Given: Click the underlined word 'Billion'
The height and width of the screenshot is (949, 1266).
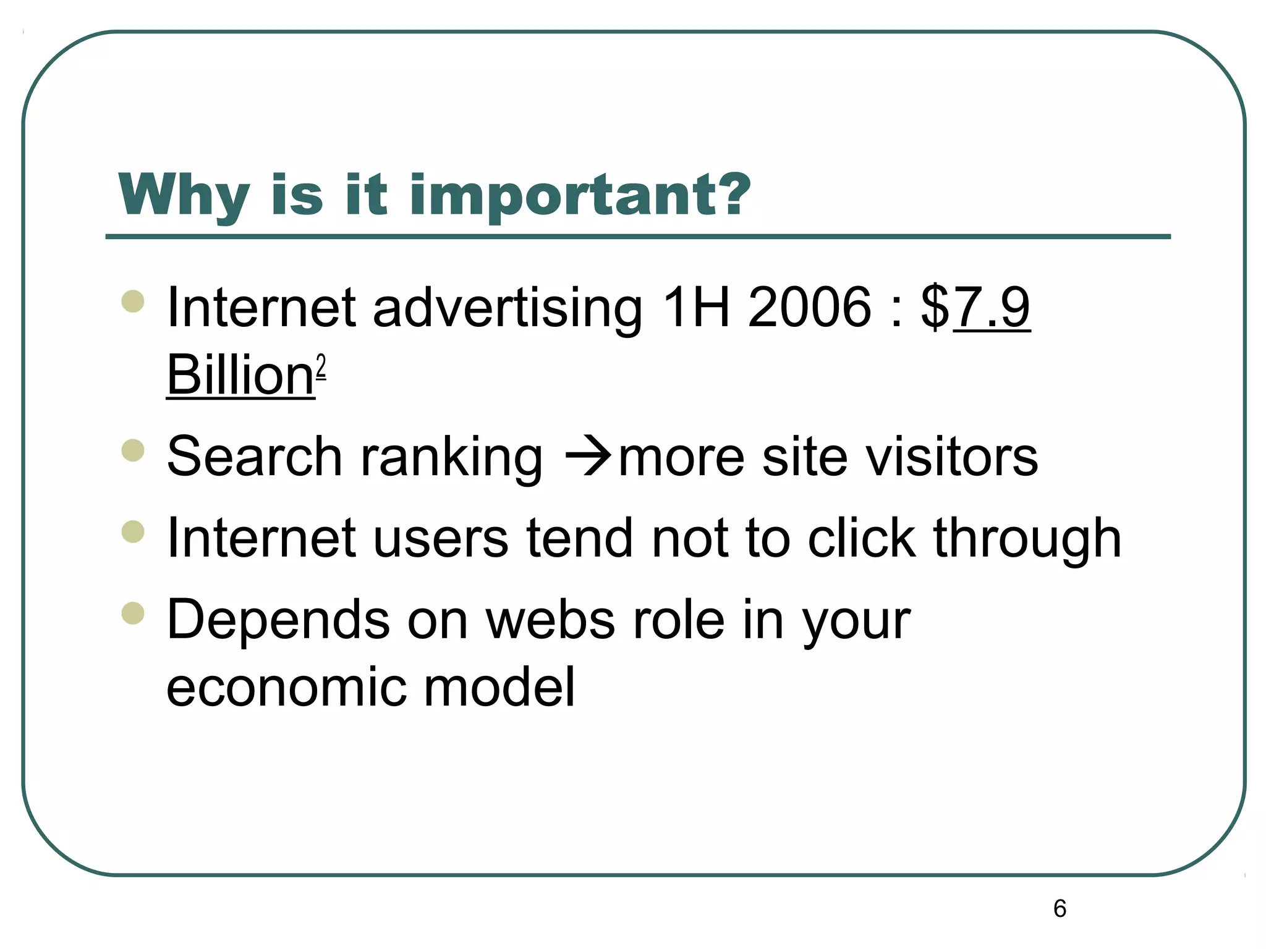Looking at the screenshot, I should [240, 375].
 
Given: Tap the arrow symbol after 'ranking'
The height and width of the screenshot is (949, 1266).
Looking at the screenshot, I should [587, 457].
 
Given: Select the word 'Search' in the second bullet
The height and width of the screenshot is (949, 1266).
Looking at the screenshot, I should [254, 457].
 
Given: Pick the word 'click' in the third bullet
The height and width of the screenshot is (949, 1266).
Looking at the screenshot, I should [861, 539].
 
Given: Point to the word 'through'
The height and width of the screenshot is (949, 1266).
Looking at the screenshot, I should [1027, 539].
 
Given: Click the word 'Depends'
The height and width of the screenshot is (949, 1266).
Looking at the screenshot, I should [278, 620].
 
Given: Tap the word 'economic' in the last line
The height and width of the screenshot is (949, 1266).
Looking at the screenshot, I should [286, 687].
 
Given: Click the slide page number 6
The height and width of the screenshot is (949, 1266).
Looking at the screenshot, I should [1060, 908].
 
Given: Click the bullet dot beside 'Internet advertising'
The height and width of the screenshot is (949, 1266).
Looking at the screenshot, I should [133, 302].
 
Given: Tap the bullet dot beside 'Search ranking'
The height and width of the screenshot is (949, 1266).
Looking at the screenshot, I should [133, 450].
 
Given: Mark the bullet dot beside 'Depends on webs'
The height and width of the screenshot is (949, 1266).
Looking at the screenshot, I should [133, 614].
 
